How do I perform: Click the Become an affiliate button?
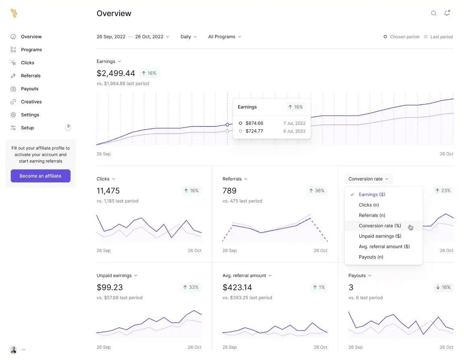[40, 176]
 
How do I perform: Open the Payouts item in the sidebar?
[30, 89]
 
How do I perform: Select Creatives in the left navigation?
[31, 102]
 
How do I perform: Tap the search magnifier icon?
[434, 13]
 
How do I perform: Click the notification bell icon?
[447, 13]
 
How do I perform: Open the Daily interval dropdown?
[188, 37]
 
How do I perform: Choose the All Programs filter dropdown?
[224, 37]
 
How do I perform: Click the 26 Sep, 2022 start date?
[111, 37]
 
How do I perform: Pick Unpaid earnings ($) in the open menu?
[380, 236]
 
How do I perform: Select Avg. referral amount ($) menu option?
[384, 246]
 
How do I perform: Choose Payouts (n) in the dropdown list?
[371, 257]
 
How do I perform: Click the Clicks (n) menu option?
[369, 205]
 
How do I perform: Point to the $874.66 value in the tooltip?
[254, 123]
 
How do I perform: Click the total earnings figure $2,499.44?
[116, 73]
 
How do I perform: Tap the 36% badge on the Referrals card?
[316, 190]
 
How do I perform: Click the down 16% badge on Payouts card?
[443, 287]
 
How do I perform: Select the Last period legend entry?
[439, 37]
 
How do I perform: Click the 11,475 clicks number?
[108, 190]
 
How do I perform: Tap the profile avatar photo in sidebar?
[13, 350]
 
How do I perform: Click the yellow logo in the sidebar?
[14, 13]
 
